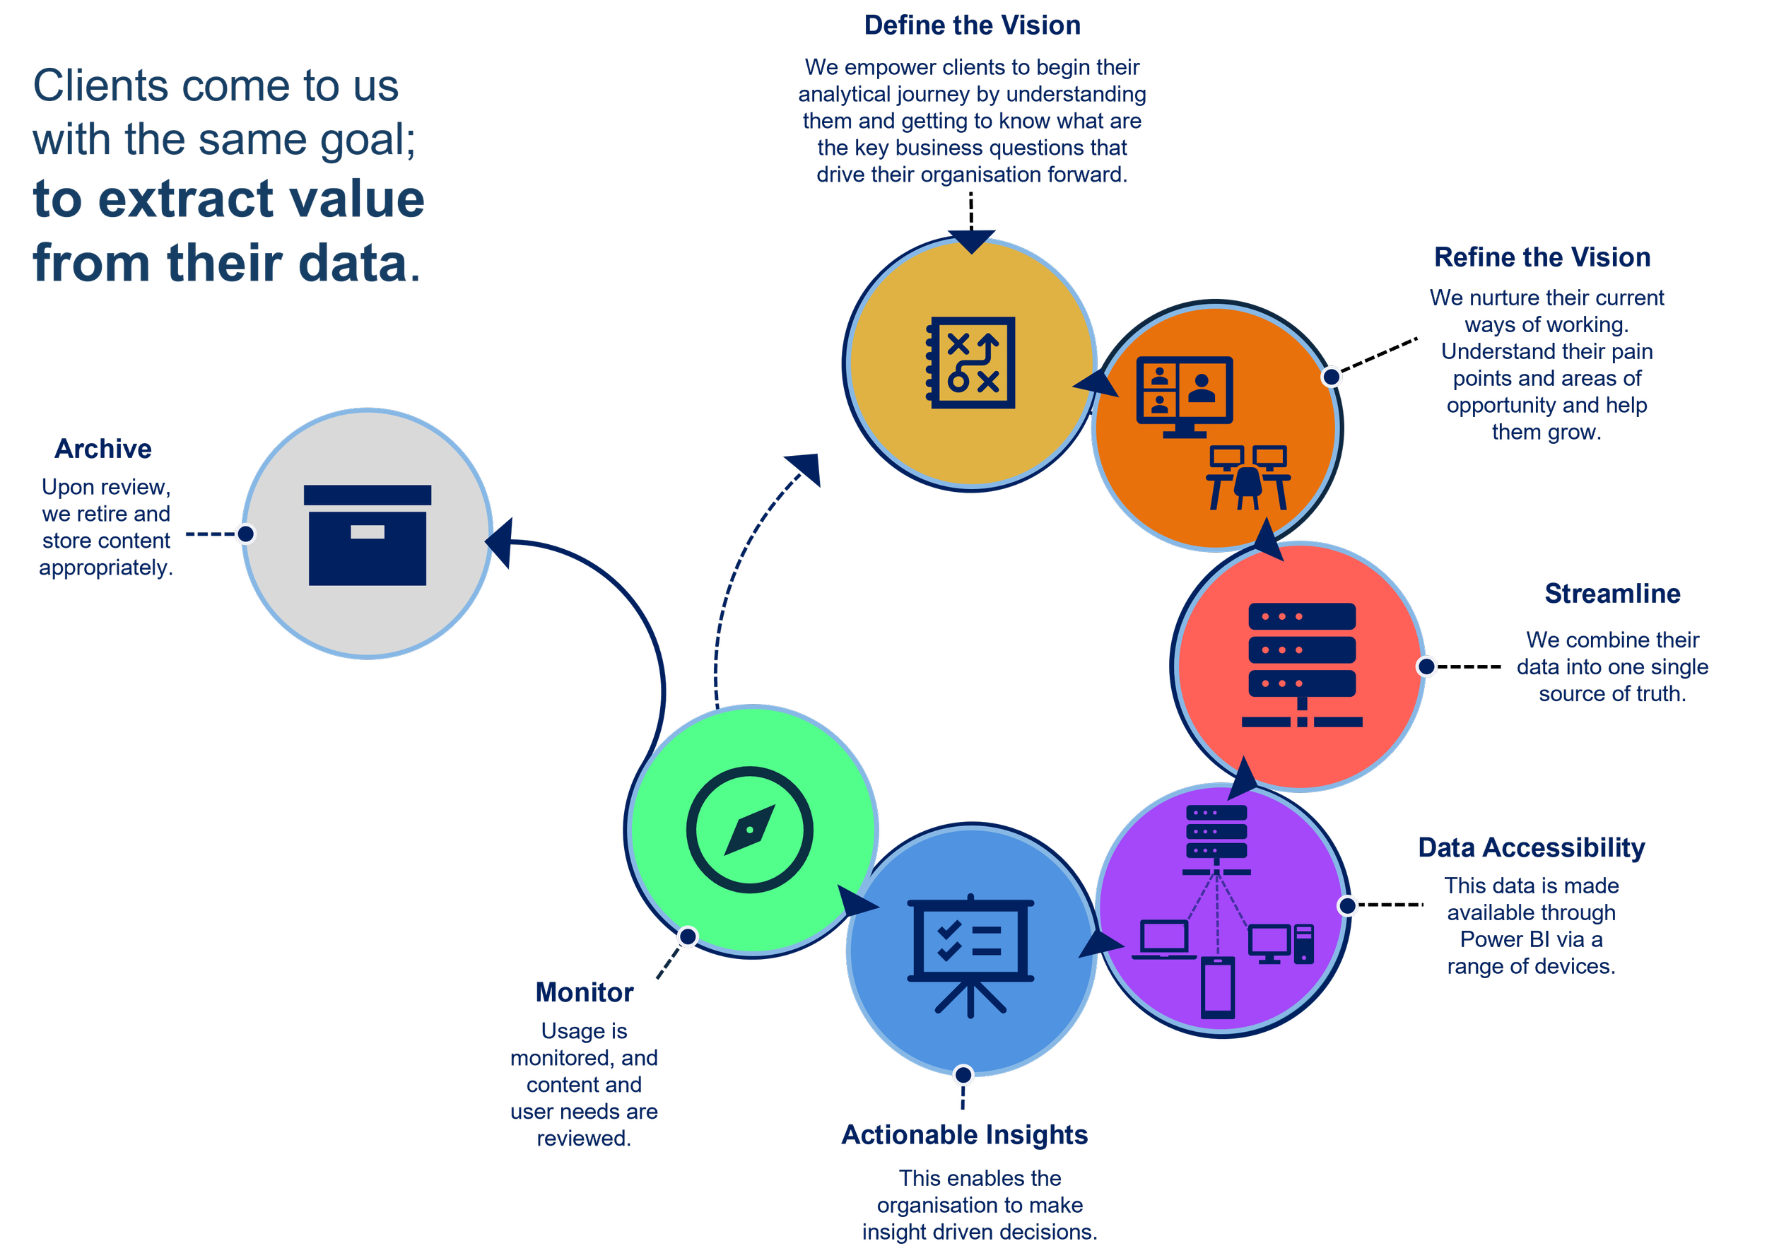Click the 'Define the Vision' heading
(x=972, y=25)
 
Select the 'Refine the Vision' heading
(x=1542, y=258)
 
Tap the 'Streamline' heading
(x=1612, y=594)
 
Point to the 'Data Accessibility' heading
(x=1532, y=848)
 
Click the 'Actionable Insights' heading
(x=965, y=1136)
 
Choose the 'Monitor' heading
(x=584, y=993)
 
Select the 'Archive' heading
(x=103, y=449)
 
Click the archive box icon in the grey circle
(x=368, y=535)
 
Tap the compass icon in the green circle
(x=749, y=830)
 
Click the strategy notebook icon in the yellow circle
(x=970, y=363)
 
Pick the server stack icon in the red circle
(x=1301, y=664)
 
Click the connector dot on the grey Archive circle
(x=245, y=534)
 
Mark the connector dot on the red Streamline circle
(x=1426, y=666)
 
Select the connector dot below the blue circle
(x=963, y=1075)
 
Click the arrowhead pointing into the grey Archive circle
(x=500, y=541)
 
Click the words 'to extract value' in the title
(x=228, y=200)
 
